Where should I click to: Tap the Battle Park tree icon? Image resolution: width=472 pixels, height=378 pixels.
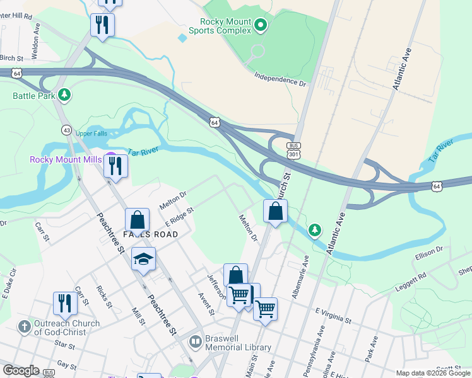[64, 95]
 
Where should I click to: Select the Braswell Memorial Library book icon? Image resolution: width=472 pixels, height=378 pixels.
[196, 341]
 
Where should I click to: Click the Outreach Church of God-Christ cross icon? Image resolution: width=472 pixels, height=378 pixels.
[24, 326]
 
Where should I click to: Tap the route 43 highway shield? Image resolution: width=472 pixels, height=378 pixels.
[66, 129]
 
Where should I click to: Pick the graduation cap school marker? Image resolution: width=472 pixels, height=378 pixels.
[143, 259]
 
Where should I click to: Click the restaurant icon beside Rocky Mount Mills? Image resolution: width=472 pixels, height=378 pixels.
[115, 165]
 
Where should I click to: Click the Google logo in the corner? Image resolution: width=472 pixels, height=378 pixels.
[21, 370]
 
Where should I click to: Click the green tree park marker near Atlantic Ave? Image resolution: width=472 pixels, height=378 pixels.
[315, 231]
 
